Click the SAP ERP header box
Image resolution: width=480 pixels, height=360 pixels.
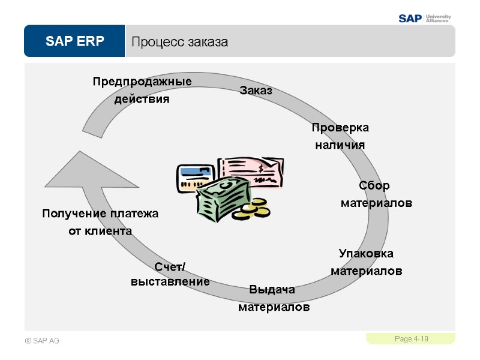tap(74, 41)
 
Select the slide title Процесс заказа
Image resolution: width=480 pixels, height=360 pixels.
tap(179, 42)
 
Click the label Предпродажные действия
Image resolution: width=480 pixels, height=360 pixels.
tap(142, 90)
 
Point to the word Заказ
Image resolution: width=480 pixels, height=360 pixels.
tap(256, 91)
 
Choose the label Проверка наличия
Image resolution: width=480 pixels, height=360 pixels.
tap(340, 137)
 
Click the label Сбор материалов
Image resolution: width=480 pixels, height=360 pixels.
tap(376, 194)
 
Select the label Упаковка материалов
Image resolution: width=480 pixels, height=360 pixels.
tap(366, 262)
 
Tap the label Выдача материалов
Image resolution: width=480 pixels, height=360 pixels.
tap(274, 299)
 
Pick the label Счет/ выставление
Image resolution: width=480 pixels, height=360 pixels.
tap(170, 274)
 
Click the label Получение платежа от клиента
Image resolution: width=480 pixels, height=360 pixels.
tap(100, 222)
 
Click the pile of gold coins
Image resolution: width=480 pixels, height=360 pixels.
tap(253, 208)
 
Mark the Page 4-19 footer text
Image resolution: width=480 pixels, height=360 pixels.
tap(411, 340)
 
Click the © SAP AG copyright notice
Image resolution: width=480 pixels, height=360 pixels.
tap(42, 341)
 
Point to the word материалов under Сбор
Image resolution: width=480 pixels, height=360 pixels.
tap(376, 203)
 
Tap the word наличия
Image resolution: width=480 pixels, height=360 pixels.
tap(340, 146)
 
